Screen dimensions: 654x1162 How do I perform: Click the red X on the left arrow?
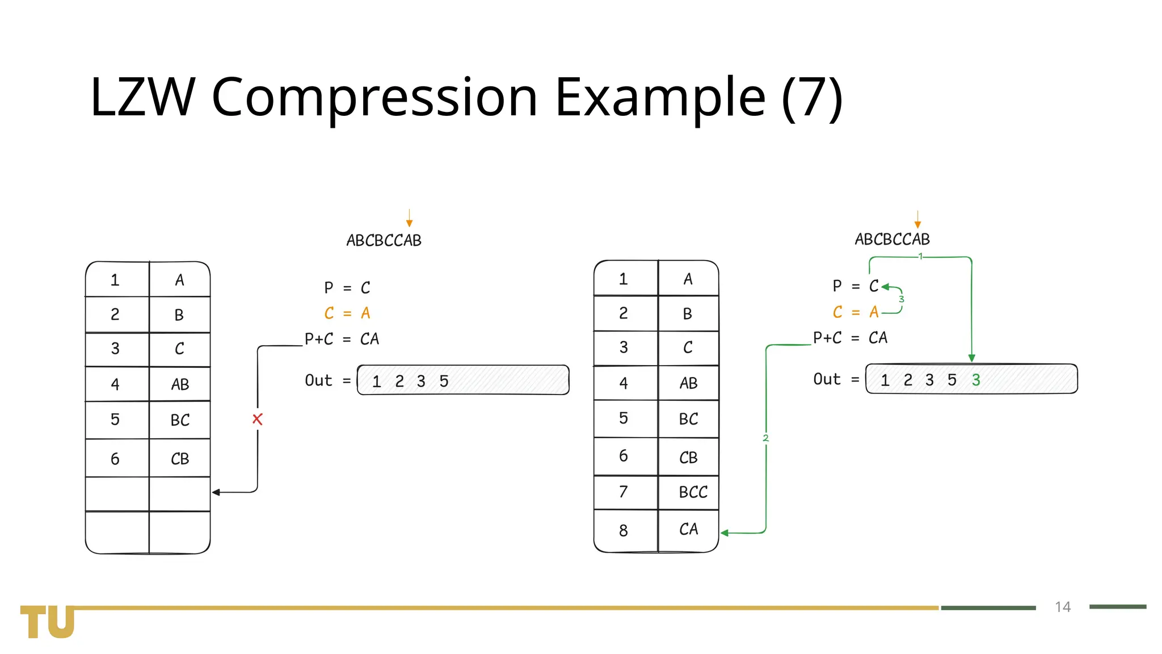pos(258,420)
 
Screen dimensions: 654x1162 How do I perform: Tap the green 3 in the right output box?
pos(976,380)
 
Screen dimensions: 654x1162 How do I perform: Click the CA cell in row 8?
pos(688,530)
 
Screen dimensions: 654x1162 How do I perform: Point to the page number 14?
pos(1063,607)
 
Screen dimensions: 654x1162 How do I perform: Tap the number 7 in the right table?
pos(624,492)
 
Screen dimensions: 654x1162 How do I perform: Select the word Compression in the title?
pos(374,97)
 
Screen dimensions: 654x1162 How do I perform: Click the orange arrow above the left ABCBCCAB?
pos(409,219)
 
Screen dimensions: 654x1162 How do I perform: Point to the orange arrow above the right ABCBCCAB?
pos(917,219)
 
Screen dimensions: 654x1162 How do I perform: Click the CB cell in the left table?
pos(180,459)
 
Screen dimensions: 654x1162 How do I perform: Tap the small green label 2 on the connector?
pos(765,438)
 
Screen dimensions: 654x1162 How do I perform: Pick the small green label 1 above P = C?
pos(920,257)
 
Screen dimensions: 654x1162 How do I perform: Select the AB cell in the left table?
pos(180,385)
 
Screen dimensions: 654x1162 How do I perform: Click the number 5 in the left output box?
pos(444,381)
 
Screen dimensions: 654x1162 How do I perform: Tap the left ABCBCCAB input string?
pos(384,241)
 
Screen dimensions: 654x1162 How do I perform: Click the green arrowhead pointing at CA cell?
pos(725,533)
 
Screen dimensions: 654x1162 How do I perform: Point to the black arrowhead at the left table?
pos(216,492)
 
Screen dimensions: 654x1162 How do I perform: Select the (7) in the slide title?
pos(812,97)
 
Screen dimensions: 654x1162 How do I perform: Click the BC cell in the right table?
pos(688,420)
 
